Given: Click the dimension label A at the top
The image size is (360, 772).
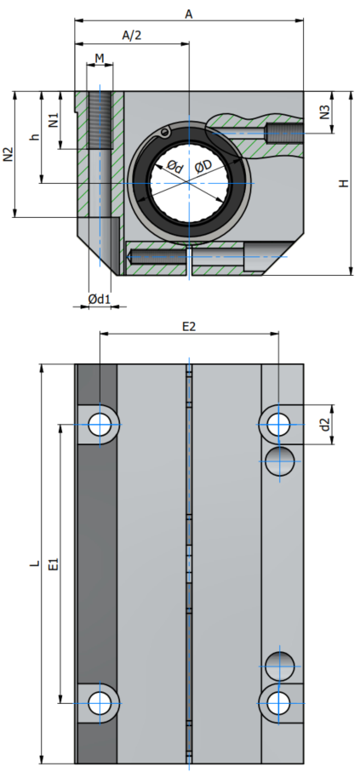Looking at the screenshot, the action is click(189, 14).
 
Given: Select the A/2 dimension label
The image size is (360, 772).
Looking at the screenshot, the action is click(132, 35).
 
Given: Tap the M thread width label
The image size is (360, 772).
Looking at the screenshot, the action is click(100, 59).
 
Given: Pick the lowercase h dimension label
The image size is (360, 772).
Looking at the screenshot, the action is click(34, 137).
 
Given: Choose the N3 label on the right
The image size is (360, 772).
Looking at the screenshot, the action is click(324, 112).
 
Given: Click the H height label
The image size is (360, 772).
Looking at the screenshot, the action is click(344, 183).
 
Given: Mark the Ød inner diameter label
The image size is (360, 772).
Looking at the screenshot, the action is click(174, 167).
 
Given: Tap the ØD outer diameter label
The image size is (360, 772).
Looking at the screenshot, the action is click(203, 167).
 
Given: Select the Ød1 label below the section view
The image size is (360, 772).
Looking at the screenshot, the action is click(100, 299).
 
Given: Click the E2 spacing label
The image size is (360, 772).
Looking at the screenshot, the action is click(189, 327).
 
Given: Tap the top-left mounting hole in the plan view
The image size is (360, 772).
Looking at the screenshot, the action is click(100, 424).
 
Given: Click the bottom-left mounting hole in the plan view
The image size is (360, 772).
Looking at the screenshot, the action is click(100, 703).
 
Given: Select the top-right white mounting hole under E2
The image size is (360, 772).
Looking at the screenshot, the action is click(279, 424).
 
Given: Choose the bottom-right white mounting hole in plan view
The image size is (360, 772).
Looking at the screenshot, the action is click(279, 703).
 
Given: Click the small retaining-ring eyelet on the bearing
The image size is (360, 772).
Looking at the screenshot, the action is click(164, 132).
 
